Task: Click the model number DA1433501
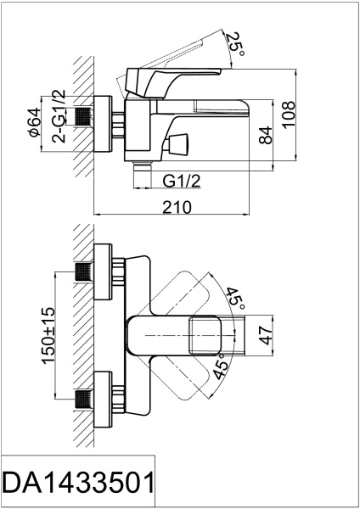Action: (x=78, y=484)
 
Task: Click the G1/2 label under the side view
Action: (x=181, y=180)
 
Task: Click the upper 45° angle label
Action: (x=235, y=297)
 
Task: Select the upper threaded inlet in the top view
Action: (x=82, y=271)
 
